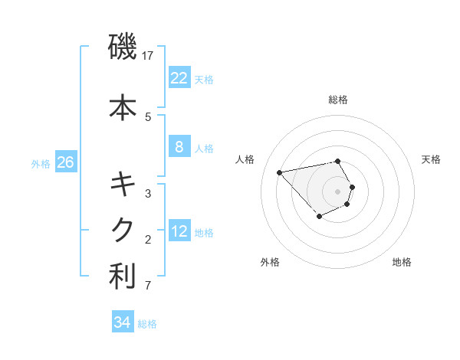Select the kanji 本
pyautogui.click(x=123, y=107)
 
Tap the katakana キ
pyautogui.click(x=123, y=184)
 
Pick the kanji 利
pyautogui.click(x=123, y=277)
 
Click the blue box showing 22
pyautogui.click(x=179, y=77)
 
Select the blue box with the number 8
pyautogui.click(x=179, y=147)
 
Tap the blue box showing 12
pyautogui.click(x=179, y=231)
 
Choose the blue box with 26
pyautogui.click(x=65, y=162)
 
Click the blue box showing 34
pyautogui.click(x=122, y=323)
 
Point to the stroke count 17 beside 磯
pyautogui.click(x=148, y=56)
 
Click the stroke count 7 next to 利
pyautogui.click(x=147, y=286)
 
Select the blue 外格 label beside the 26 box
pyautogui.click(x=41, y=163)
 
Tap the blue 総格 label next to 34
pyautogui.click(x=147, y=324)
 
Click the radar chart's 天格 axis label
pyautogui.click(x=431, y=159)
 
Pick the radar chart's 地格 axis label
pyautogui.click(x=402, y=263)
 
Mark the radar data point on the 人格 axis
pyautogui.click(x=280, y=172)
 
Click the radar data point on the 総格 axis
pyautogui.click(x=337, y=161)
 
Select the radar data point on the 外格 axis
pyautogui.click(x=319, y=217)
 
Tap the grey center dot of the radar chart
pyautogui.click(x=337, y=191)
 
